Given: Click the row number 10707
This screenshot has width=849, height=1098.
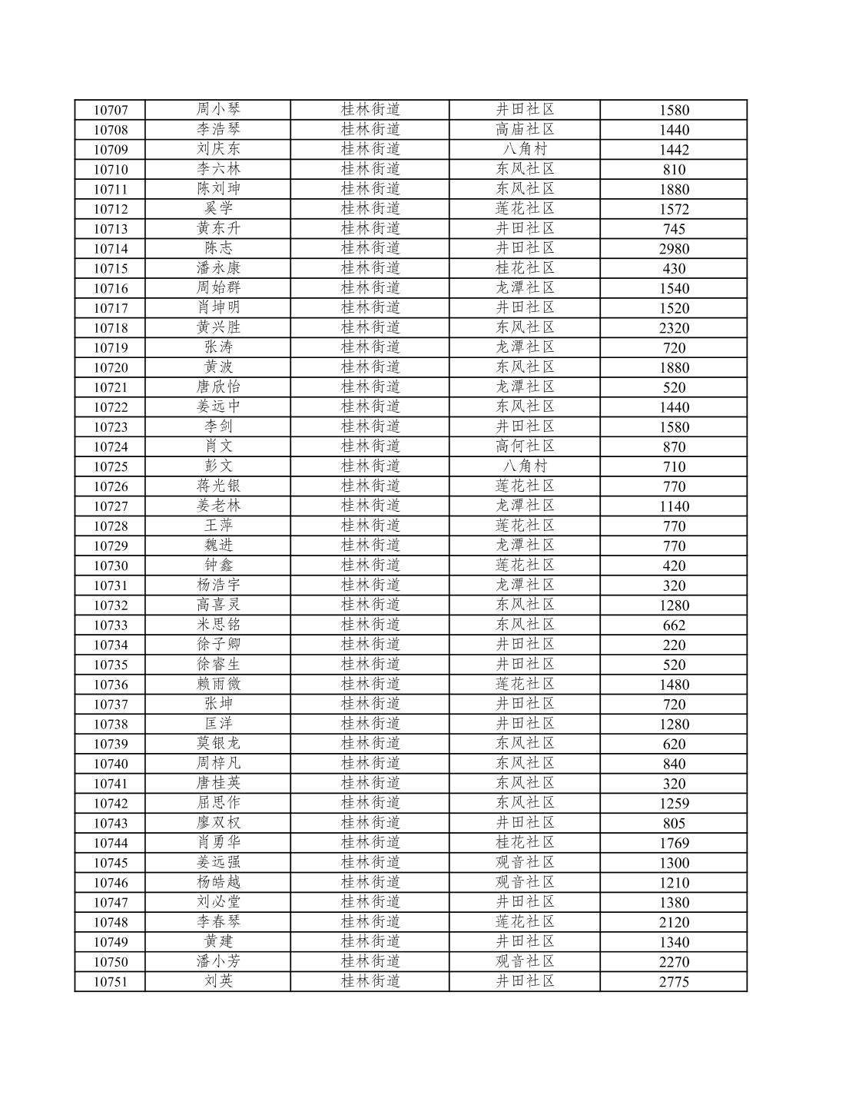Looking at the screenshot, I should coord(111,110).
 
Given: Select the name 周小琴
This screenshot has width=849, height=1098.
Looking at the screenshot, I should coord(218,110).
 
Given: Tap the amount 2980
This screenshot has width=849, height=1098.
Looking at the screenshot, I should coord(674,249).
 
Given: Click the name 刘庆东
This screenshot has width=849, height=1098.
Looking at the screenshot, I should coord(218,149).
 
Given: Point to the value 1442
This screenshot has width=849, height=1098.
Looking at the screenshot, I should coord(674,150).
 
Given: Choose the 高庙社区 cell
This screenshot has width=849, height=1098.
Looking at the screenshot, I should coord(525,129).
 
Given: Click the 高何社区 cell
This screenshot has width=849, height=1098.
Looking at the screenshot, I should coord(525,446).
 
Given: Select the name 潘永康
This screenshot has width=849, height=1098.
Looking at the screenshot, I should coord(218,268).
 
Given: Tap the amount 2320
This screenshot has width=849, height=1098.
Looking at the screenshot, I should coord(674,328).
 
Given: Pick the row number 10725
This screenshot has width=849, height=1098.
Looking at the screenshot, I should coord(111,466).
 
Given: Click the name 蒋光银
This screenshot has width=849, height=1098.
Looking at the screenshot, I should coord(218,486).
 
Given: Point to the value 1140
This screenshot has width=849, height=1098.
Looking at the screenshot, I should coord(674,506).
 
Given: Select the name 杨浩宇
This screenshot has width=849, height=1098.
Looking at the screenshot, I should coord(218,585).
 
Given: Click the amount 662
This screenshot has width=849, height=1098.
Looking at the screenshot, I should coord(674,625).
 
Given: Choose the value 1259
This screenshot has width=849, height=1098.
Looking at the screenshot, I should coord(674,804).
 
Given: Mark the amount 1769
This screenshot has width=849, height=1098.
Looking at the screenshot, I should coord(674,844).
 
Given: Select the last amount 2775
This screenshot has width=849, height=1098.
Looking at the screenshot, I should coord(674,982).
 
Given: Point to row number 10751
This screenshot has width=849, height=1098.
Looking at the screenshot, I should coord(111,982).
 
